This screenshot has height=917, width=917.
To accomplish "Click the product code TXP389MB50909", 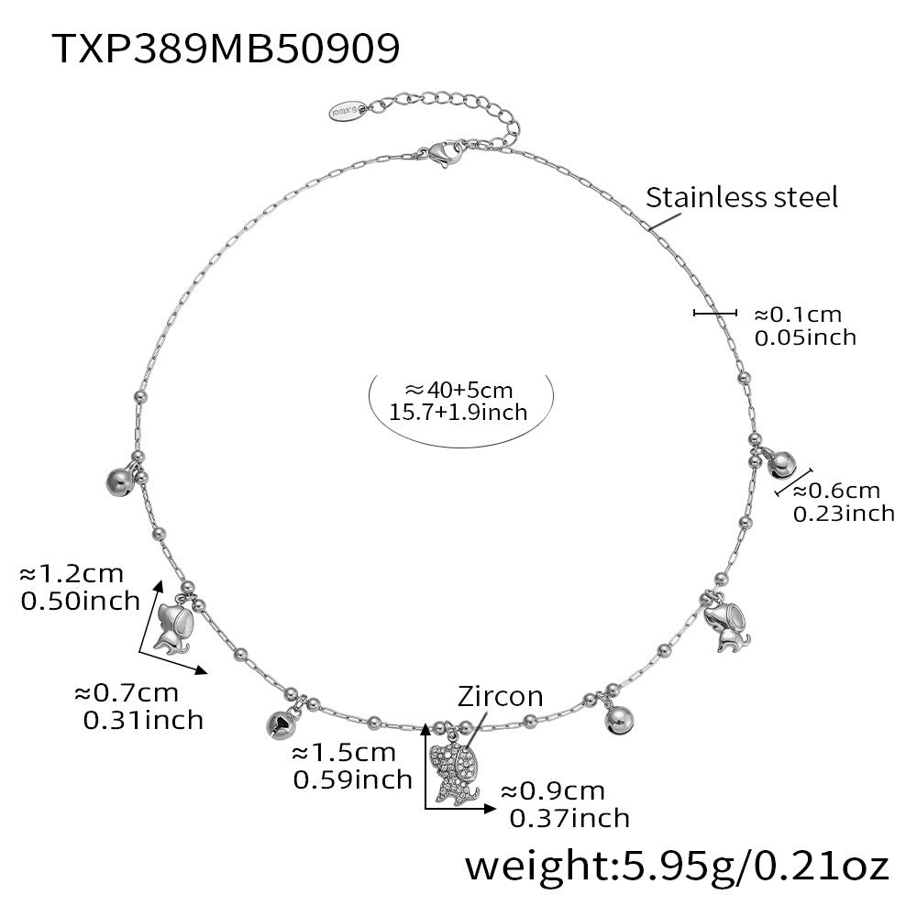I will pyautogui.click(x=226, y=47).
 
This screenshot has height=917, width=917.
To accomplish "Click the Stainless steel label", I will pyautogui.click(x=742, y=197).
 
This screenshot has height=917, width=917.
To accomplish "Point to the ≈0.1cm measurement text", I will pyautogui.click(x=797, y=314).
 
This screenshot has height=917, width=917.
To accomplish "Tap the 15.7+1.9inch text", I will pyautogui.click(x=458, y=412).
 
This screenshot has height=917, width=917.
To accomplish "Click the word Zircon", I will pyautogui.click(x=501, y=696).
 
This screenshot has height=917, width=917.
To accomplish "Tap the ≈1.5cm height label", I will pyautogui.click(x=344, y=754).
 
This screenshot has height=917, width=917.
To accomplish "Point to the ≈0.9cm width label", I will pyautogui.click(x=553, y=790).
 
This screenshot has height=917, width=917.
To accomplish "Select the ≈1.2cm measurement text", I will pyautogui.click(x=72, y=574).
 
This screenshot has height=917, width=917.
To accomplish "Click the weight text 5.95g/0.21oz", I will pyautogui.click(x=678, y=865).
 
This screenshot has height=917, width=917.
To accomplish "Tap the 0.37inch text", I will pyautogui.click(x=569, y=817).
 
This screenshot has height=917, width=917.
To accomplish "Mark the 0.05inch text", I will pyautogui.click(x=805, y=337).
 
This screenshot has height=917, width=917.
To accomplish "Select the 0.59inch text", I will pyautogui.click(x=352, y=779).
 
